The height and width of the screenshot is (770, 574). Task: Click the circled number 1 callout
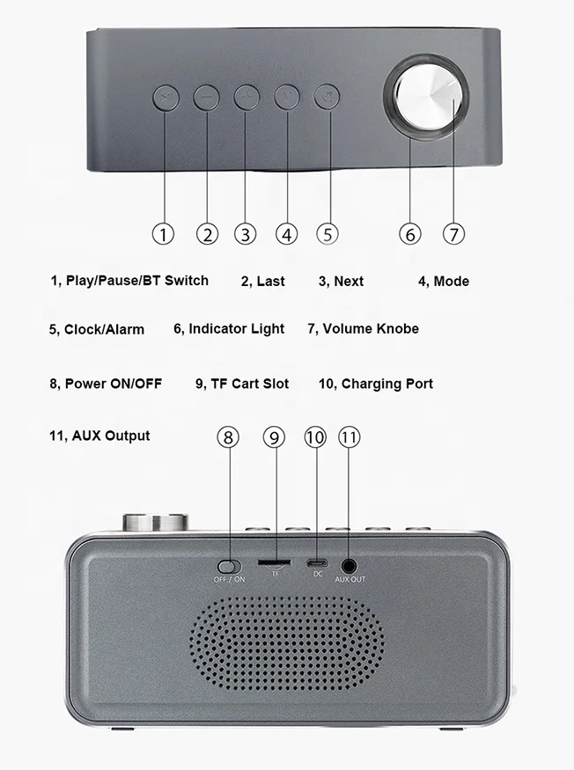coord(163,233)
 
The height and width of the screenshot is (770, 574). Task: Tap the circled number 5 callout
coord(327,233)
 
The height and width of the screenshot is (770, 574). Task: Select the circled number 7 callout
coord(453,233)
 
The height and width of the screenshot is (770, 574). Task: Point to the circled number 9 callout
coord(274,436)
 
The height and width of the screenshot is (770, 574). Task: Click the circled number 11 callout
coord(350,436)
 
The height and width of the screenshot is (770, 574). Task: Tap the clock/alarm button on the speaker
coord(327,97)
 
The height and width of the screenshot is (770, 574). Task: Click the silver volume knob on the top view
coord(429,97)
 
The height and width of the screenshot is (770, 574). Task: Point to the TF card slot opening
coord(275,561)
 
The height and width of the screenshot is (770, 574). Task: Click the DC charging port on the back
coord(317,563)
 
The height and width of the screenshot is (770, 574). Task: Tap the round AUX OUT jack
coord(350,565)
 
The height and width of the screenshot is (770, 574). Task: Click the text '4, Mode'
coord(443,282)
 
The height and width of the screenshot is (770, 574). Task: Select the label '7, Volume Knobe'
coord(363,329)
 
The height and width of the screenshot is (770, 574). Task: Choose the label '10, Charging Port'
coord(375,384)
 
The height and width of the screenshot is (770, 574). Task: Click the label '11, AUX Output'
coord(99,436)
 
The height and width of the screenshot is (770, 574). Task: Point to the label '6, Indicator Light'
coord(229,329)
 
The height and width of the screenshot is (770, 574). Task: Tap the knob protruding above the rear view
coord(156,522)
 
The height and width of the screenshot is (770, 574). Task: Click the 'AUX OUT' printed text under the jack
coord(350,579)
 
